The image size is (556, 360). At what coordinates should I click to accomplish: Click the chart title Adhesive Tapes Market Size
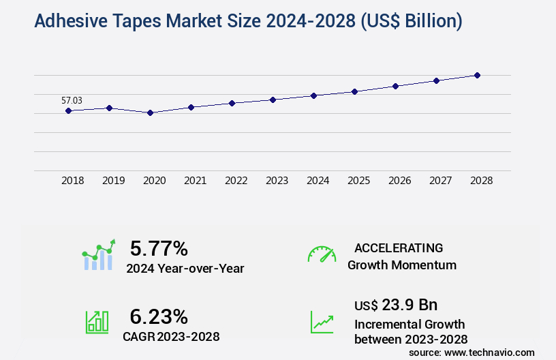[248, 22]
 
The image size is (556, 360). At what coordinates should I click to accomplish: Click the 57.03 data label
[72, 100]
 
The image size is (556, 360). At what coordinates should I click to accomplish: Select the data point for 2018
[69, 110]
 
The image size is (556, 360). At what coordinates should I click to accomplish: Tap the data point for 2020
[151, 112]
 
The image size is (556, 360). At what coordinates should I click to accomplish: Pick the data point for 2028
[478, 75]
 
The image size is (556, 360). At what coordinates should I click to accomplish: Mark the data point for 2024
[314, 95]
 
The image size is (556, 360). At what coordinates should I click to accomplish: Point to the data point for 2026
[396, 86]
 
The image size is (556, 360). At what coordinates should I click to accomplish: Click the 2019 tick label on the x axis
[114, 181]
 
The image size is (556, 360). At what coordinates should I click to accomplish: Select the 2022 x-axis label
[236, 181]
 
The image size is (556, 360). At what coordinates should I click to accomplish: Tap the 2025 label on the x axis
[359, 181]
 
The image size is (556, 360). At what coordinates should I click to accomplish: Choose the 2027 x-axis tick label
[441, 181]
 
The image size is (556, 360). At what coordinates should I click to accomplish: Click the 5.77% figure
[159, 248]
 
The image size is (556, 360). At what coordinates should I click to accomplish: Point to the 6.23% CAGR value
[159, 316]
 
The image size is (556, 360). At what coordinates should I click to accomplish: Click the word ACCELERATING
[399, 248]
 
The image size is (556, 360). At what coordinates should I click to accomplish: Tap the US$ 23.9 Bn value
[396, 305]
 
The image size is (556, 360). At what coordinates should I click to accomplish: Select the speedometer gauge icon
[322, 254]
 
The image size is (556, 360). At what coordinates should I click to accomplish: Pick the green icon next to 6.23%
[97, 321]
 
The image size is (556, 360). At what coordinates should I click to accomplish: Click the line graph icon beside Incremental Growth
[322, 322]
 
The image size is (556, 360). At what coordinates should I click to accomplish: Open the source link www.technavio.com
[491, 352]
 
